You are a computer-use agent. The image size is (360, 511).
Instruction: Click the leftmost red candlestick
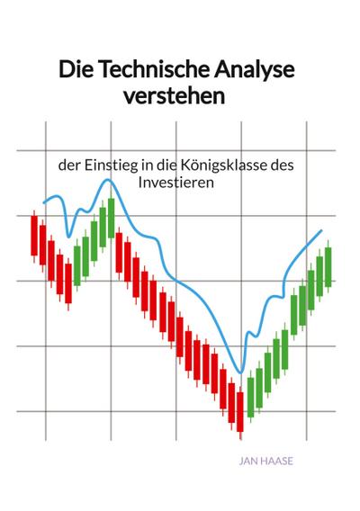pyautogui.click(x=34, y=236)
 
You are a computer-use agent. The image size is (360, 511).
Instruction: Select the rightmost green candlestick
pyautogui.click(x=328, y=266)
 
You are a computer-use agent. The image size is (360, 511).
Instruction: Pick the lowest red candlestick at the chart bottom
pyautogui.click(x=240, y=411)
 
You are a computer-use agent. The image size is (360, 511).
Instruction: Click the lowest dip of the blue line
pyautogui.click(x=240, y=372)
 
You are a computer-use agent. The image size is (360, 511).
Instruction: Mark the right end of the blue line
pyautogui.click(x=321, y=231)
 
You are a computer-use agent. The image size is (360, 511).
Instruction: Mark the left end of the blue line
pyautogui.click(x=43, y=202)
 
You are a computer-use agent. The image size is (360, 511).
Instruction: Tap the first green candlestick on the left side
pyautogui.click(x=77, y=260)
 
